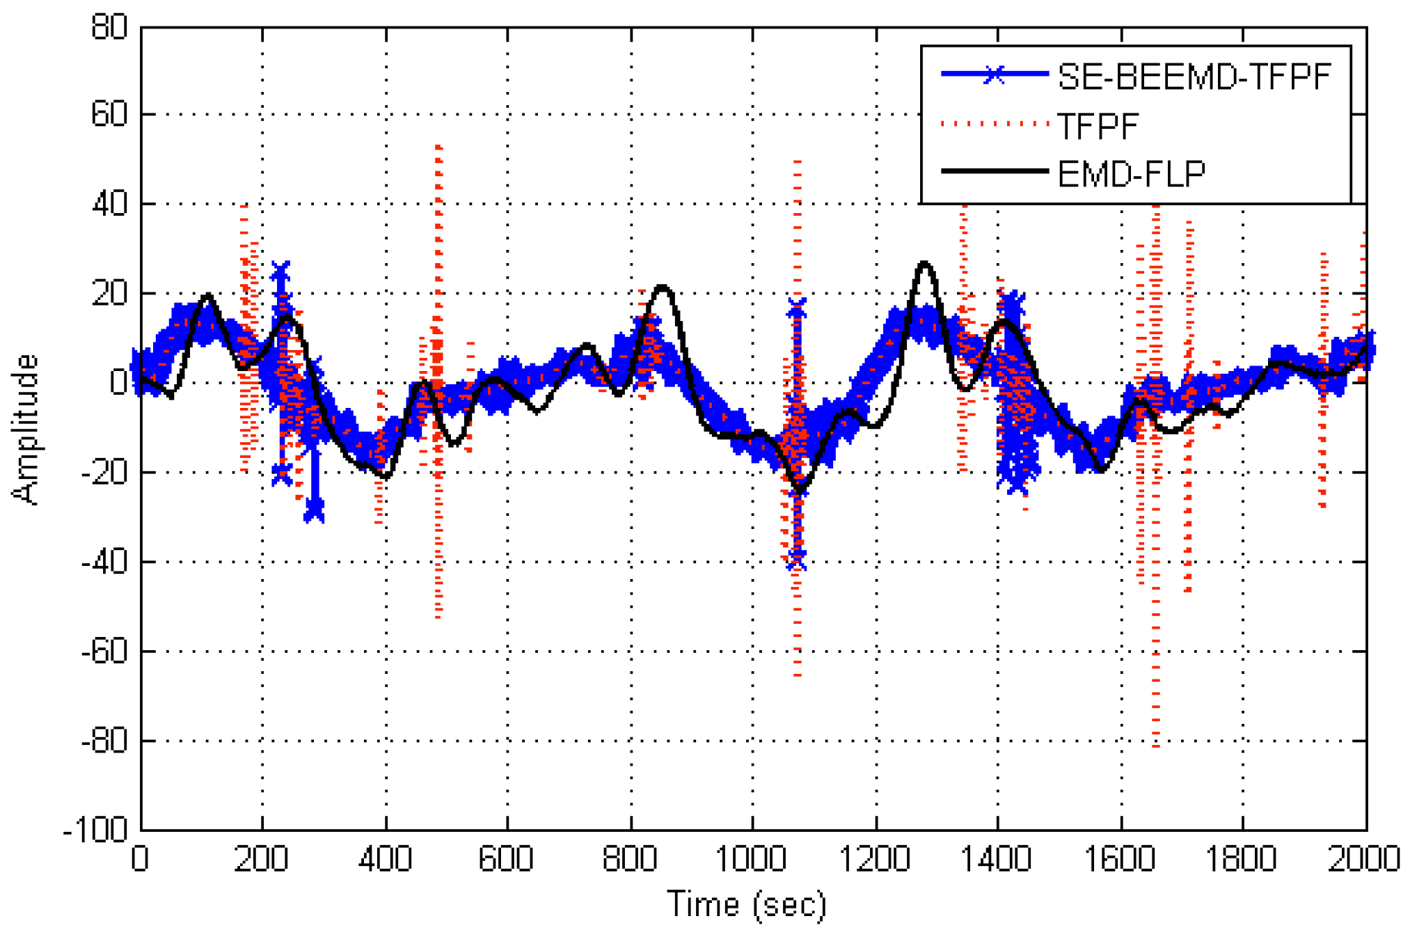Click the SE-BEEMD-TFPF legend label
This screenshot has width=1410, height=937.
pos(1194,76)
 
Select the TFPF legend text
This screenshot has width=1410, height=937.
pos(1098,126)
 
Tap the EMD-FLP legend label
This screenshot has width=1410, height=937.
pos(1131,173)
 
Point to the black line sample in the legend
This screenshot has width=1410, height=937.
pos(995,171)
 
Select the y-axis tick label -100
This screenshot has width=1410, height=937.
pos(96,830)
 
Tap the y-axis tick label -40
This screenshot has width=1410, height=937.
pos(104,562)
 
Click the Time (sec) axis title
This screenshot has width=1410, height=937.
pos(747,904)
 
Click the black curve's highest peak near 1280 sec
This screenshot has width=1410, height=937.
pos(924,264)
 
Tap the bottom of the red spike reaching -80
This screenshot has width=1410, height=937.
pos(1156,746)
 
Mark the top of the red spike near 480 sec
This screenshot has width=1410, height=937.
pos(438,147)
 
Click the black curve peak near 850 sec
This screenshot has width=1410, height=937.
pos(662,287)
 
